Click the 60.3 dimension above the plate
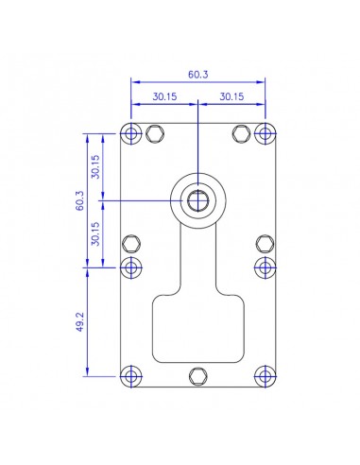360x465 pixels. coord(197,72)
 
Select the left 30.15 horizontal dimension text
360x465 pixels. coord(163,96)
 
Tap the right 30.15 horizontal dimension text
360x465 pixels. coord(231,96)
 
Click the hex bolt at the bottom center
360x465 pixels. coord(197,375)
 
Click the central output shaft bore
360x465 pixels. coord(197,200)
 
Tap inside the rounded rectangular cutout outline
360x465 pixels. coord(197,326)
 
